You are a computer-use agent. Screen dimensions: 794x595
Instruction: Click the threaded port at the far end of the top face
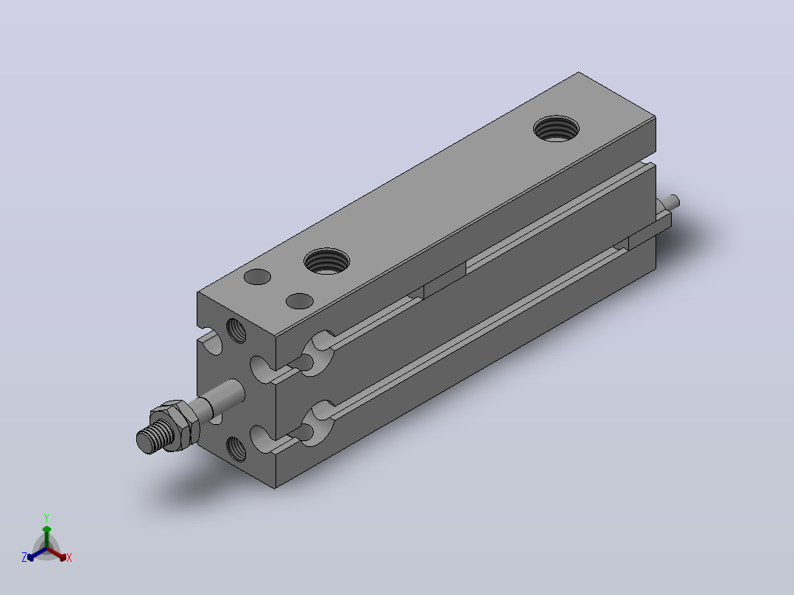click(557, 129)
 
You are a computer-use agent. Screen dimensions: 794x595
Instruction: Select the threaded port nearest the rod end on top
click(326, 261)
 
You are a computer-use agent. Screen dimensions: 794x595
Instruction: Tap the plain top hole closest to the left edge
click(257, 277)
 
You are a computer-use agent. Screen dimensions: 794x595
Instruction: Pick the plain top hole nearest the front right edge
click(300, 301)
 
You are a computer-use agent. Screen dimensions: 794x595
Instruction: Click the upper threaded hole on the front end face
click(236, 331)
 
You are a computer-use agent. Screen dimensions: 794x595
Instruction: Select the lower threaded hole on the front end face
click(236, 448)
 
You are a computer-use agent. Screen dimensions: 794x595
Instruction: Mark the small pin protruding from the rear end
click(673, 202)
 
